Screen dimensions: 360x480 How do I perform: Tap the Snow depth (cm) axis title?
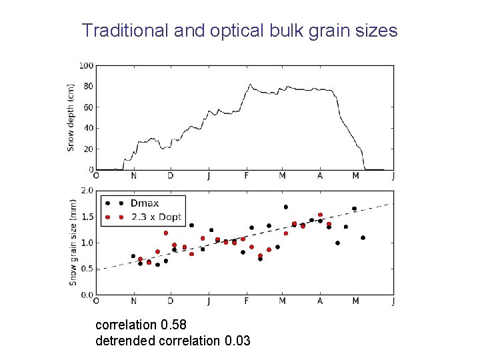(71, 117)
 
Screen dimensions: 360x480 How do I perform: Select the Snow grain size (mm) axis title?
(73, 243)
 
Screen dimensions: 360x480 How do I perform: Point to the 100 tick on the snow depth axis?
(86, 65)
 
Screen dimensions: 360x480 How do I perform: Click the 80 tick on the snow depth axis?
(88, 86)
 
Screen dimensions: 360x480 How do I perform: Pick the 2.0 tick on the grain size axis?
(87, 191)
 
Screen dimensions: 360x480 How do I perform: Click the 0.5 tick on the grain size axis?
(87, 269)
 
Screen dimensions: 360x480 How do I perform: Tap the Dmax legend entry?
(145, 203)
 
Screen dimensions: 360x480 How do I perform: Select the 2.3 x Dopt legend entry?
(156, 217)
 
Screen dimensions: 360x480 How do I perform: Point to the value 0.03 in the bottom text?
(238, 341)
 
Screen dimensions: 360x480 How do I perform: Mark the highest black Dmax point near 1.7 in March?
(285, 207)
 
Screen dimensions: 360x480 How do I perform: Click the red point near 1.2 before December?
(165, 233)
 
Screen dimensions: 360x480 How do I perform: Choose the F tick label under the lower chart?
(247, 301)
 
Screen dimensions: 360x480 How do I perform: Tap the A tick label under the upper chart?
(320, 176)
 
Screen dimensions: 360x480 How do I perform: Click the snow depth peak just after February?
(250, 85)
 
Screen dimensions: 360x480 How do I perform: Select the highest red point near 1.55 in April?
(320, 215)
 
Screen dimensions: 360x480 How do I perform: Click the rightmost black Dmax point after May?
(363, 237)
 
